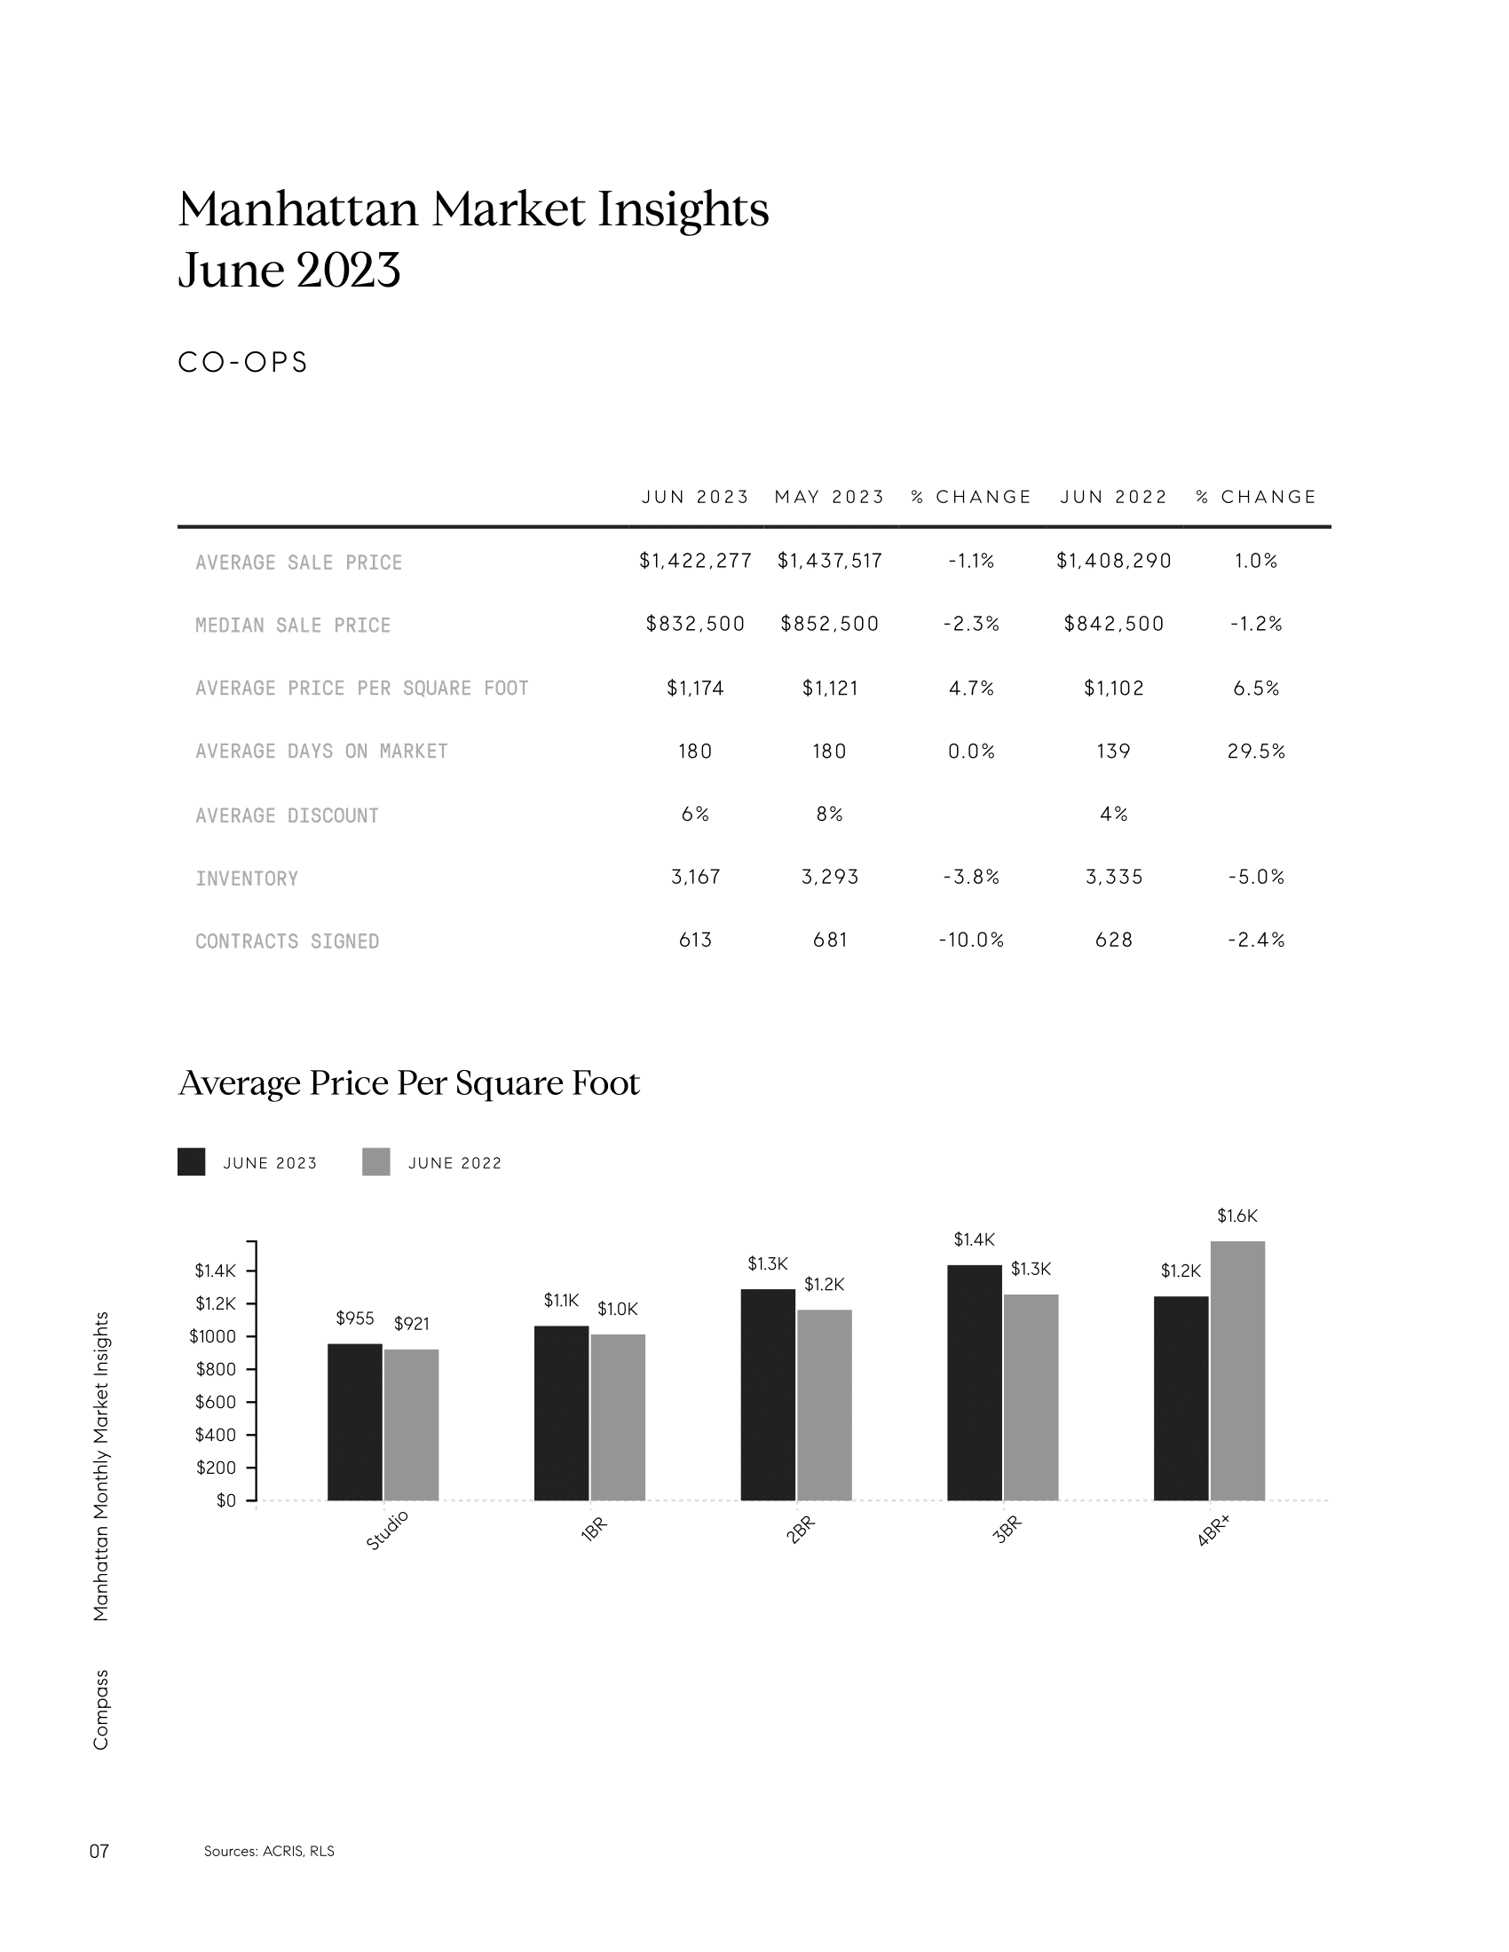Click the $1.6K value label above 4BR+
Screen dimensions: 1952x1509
(1237, 1216)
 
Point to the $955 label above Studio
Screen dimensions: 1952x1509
(355, 1318)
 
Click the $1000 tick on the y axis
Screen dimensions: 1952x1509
(213, 1336)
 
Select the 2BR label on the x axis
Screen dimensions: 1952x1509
(800, 1531)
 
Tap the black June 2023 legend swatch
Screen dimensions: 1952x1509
(192, 1162)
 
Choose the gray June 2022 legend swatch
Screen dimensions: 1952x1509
(376, 1162)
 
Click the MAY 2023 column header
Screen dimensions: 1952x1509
(830, 497)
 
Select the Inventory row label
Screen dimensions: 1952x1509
(247, 878)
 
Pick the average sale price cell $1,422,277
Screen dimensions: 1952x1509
(696, 561)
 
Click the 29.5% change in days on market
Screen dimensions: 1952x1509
(1256, 751)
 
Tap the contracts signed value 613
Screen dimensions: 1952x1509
(696, 940)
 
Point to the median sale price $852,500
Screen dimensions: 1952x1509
(830, 624)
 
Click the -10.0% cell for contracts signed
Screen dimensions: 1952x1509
(971, 940)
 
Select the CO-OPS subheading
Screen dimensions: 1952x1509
(243, 362)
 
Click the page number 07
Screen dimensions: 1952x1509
(99, 1851)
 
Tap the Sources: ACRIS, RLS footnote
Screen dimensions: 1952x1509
(269, 1851)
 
